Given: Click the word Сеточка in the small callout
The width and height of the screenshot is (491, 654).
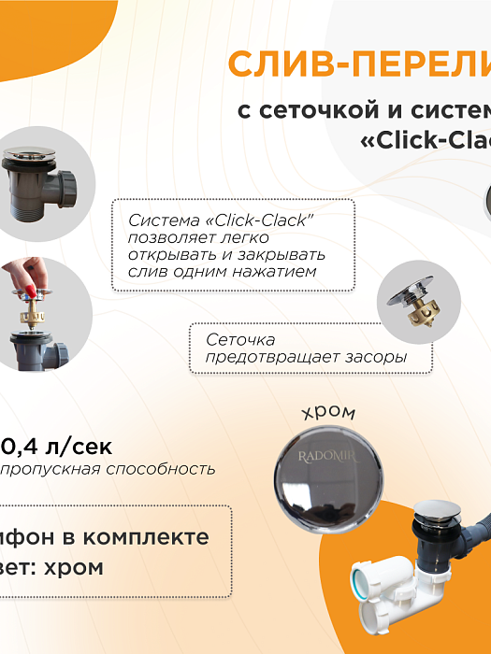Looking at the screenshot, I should coord(240,340).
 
